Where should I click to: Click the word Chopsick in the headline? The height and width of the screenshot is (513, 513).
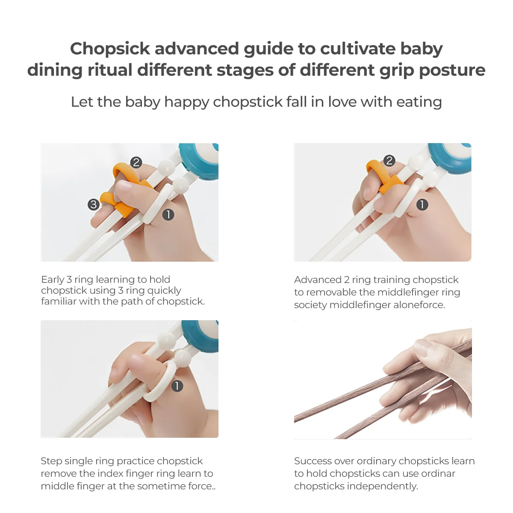110,49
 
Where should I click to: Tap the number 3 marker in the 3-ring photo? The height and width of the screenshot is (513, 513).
93,204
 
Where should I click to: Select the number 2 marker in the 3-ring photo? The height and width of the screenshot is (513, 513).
136,162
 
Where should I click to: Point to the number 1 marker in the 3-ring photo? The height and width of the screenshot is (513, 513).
168,214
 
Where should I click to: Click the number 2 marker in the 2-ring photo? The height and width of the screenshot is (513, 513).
389,161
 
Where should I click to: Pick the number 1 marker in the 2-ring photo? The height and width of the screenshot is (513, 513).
422,205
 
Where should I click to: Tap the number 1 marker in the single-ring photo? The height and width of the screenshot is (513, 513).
177,386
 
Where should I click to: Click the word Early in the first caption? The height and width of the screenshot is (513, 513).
53,280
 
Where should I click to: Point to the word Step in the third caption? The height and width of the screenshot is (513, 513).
50,461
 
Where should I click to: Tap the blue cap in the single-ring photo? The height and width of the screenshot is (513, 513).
201,336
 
